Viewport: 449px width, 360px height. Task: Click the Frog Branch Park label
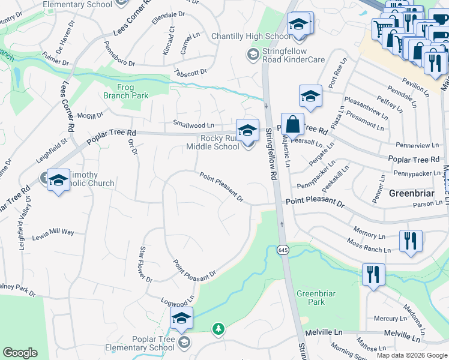125,91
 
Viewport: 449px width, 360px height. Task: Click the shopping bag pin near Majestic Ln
292,126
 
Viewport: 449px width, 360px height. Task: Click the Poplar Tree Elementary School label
140,343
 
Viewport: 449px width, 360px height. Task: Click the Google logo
20,353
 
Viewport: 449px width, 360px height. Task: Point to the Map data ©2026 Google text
411,355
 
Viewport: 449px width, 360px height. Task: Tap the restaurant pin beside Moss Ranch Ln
411,241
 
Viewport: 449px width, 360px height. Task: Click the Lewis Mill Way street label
53,232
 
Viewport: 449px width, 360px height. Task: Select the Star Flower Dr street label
146,264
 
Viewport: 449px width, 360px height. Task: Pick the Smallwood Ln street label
194,125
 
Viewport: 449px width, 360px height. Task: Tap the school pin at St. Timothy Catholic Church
59,181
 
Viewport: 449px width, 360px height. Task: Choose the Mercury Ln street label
386,319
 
